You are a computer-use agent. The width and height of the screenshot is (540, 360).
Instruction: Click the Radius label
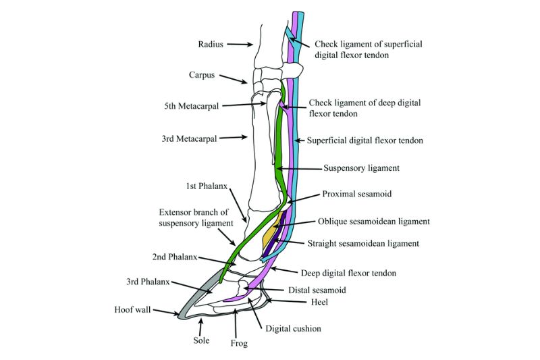pos(211,45)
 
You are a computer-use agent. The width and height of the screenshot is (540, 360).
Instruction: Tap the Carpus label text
pos(201,75)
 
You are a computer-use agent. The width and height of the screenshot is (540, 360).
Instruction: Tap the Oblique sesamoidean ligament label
pos(374,221)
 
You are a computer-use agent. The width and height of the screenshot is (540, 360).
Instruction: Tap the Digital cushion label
pos(293,329)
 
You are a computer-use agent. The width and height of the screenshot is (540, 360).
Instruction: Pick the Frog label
pos(239,343)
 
